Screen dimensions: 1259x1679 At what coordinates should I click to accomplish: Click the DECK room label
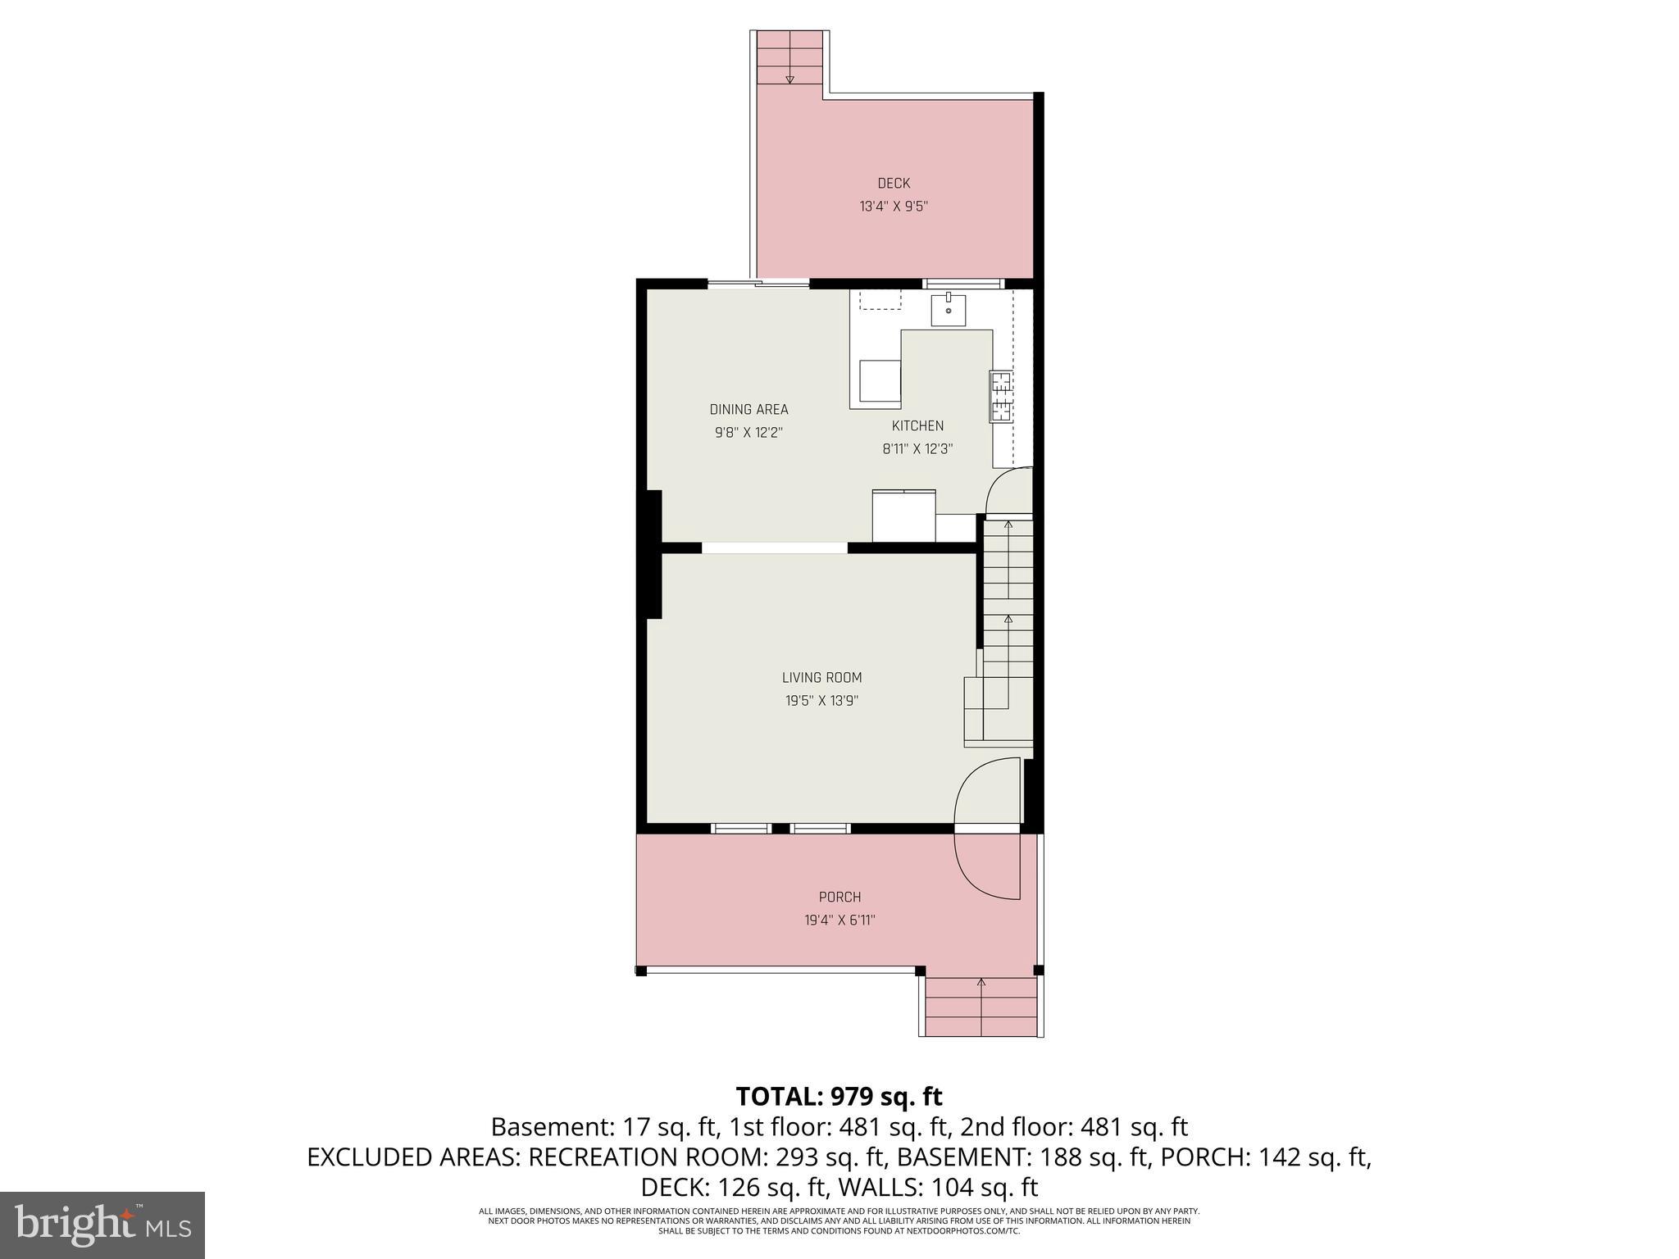tap(894, 184)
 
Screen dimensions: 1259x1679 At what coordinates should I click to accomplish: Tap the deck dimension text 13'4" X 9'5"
tap(894, 207)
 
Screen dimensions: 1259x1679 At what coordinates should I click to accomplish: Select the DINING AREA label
tap(748, 410)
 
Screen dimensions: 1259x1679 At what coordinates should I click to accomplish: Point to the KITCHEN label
tap(917, 426)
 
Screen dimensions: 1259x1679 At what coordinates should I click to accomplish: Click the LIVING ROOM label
tap(821, 678)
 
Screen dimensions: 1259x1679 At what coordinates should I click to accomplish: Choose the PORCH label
tap(839, 898)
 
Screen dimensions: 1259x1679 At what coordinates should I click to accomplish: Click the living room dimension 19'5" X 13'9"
tap(821, 701)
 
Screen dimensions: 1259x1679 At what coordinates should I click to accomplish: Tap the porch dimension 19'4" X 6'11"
tap(839, 920)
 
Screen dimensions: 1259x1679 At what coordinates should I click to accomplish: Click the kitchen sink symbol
tap(948, 309)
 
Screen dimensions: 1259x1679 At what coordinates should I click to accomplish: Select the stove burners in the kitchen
tap(1001, 397)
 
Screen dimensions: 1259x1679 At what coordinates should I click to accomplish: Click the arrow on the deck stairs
tap(789, 79)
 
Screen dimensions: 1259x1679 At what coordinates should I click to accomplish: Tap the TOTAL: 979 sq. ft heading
tap(839, 1097)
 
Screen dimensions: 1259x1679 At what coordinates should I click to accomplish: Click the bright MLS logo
tap(102, 1225)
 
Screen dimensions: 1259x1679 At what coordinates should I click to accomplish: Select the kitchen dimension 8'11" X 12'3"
tap(917, 449)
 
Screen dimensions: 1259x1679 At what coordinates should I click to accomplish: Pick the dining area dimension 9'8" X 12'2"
tap(748, 433)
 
